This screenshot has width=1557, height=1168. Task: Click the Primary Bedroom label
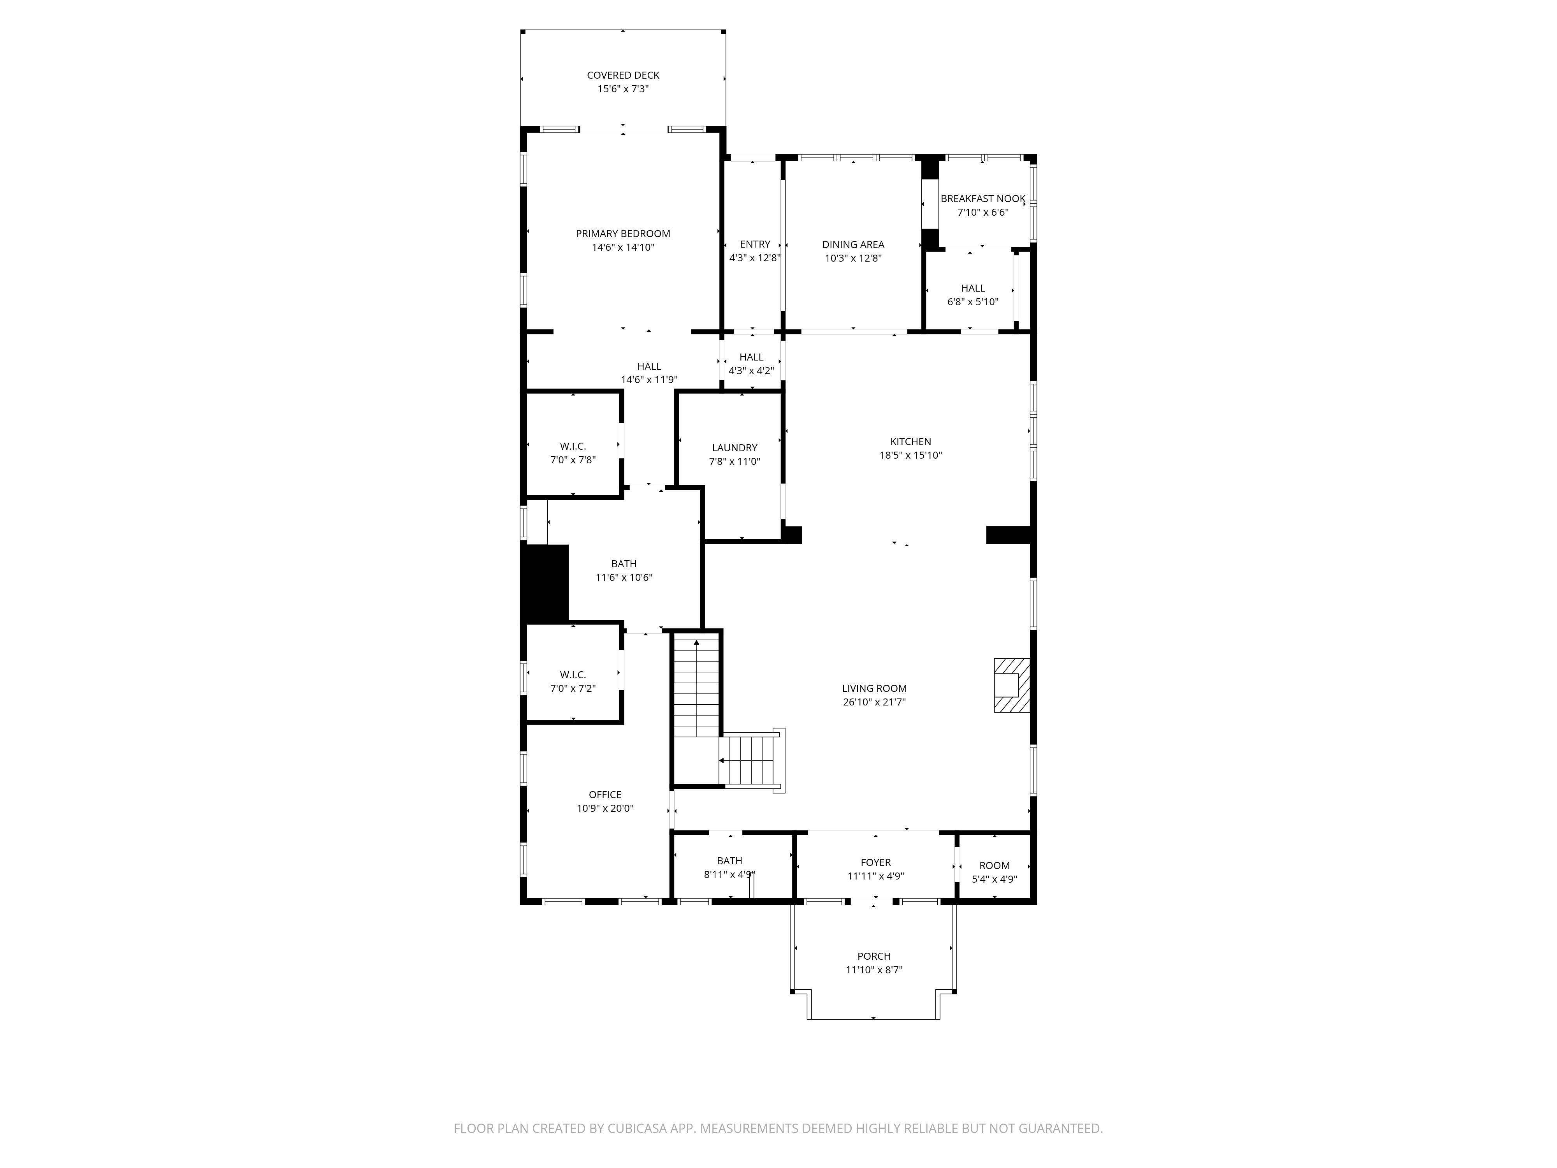coord(623,234)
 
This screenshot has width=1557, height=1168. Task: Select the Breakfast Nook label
coord(982,199)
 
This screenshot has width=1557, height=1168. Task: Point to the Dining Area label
coord(853,244)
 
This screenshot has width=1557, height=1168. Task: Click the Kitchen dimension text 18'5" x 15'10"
coord(911,455)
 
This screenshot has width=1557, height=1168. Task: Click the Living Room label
coord(874,689)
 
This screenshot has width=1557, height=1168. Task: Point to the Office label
coord(605,795)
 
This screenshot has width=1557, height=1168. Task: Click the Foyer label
coord(876,862)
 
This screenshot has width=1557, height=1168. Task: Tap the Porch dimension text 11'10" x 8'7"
coord(874,969)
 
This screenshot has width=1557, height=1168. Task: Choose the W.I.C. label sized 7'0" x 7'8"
coord(573,446)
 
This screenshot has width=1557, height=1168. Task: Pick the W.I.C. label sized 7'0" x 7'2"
coord(573,674)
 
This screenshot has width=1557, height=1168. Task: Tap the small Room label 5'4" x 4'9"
coord(995,865)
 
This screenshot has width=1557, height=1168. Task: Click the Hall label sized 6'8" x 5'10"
coord(973,288)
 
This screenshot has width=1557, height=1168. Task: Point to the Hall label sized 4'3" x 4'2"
coord(752,357)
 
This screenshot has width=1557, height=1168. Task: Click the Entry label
coord(755,244)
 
